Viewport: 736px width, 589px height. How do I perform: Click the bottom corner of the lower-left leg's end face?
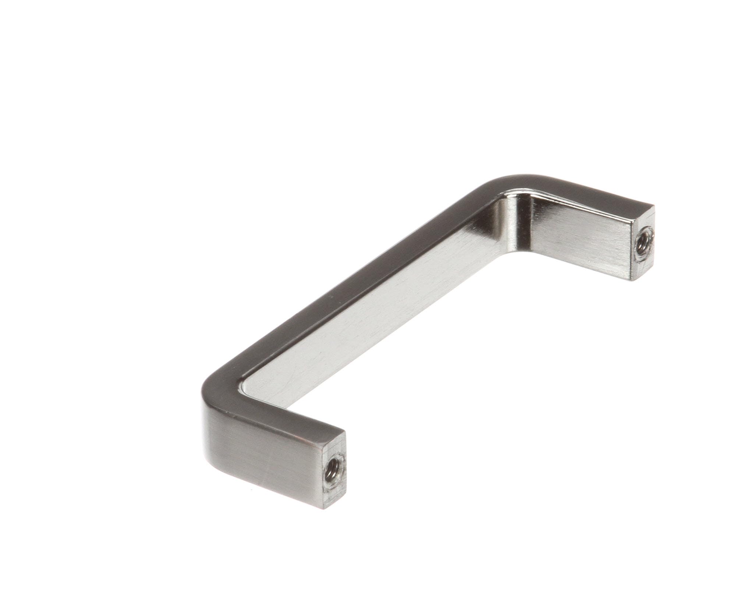pos(325,508)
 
